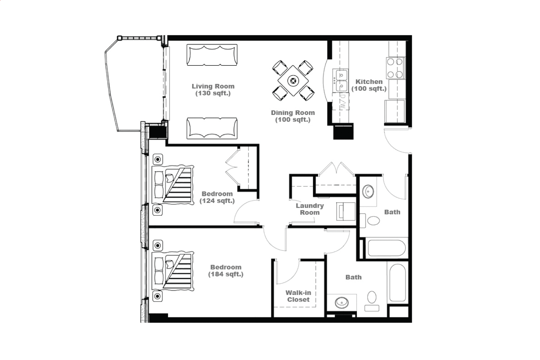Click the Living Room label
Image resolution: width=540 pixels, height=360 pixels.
(213, 90)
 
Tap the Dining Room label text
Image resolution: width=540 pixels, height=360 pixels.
(293, 116)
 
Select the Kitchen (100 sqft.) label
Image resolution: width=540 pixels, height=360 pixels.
(369, 85)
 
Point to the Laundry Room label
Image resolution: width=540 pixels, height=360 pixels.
(310, 209)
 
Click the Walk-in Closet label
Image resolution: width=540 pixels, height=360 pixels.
(298, 296)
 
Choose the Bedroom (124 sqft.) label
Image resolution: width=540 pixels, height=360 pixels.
(217, 197)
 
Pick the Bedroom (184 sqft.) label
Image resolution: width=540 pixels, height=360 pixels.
(226, 271)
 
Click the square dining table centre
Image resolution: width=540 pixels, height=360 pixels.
(293, 81)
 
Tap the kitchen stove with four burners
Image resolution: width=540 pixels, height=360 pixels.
(396, 68)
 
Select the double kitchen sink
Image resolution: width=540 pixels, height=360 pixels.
(340, 80)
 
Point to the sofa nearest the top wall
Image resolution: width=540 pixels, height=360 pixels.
(212, 55)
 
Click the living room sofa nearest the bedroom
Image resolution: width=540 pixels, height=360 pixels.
(212, 128)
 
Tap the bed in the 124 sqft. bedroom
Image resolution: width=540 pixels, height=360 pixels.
(173, 185)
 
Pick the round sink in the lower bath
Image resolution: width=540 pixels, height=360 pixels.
(342, 303)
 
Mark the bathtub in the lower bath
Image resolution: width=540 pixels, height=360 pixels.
(398, 283)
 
